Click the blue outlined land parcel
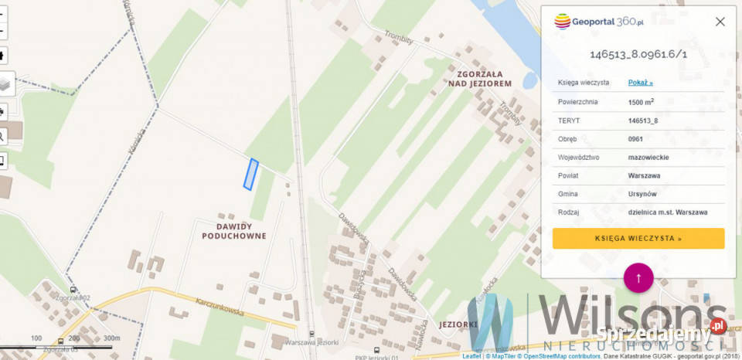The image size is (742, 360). click(x=250, y=174)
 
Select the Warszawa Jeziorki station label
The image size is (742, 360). click(x=311, y=341)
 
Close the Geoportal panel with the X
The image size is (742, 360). click(x=720, y=22)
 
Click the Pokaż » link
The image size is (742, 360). click(x=641, y=83)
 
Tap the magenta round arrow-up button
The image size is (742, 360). click(x=638, y=277)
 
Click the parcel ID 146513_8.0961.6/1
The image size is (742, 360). click(x=638, y=54)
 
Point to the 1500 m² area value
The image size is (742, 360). click(x=642, y=102)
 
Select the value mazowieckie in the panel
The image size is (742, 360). click(x=648, y=157)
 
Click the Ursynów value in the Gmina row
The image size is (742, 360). click(x=643, y=194)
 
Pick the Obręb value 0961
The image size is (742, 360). click(x=636, y=139)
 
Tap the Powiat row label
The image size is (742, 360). click(x=567, y=175)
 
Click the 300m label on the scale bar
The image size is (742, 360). click(x=111, y=338)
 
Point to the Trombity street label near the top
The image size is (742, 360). click(x=400, y=36)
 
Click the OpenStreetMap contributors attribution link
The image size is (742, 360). click(x=562, y=356)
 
